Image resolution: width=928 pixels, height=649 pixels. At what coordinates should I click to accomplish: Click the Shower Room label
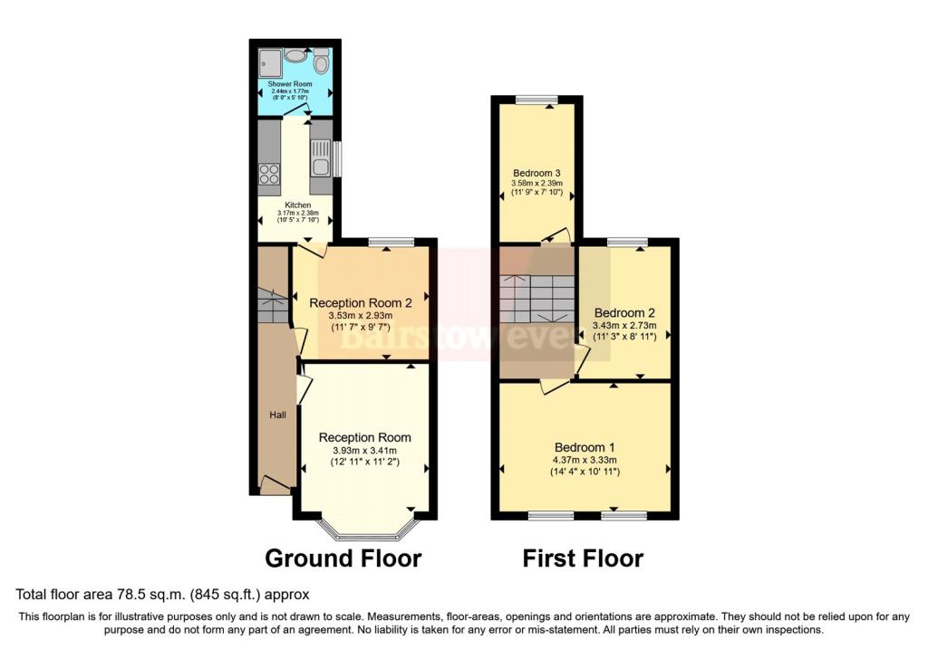tap(290, 84)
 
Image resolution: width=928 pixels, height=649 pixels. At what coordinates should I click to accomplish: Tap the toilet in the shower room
tap(321, 61)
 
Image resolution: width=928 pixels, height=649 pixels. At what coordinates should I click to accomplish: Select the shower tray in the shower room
tap(270, 62)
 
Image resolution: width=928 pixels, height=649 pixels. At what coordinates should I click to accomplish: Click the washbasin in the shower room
tap(295, 55)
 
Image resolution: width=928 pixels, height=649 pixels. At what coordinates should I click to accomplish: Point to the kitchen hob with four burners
tap(269, 174)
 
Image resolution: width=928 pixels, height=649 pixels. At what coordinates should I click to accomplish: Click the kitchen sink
tap(321, 157)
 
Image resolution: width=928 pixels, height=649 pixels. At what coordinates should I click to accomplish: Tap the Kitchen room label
tap(297, 205)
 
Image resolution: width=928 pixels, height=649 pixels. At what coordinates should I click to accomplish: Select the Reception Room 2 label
tap(361, 303)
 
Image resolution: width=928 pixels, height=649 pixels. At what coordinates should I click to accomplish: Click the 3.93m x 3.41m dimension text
tap(364, 451)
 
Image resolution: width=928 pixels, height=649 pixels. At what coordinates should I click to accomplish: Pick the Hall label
tap(277, 415)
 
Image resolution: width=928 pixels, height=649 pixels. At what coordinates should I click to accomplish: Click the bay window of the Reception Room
tap(364, 530)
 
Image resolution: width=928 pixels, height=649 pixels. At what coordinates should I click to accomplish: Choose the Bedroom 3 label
tap(536, 173)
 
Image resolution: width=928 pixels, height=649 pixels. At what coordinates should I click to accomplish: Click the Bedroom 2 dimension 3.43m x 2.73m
tap(624, 326)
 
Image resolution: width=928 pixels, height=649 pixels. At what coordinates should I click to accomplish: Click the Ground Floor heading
tap(343, 558)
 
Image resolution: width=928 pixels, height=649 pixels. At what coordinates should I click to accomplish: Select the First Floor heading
tap(583, 558)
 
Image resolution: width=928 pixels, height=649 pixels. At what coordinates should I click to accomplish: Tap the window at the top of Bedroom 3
tap(536, 100)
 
